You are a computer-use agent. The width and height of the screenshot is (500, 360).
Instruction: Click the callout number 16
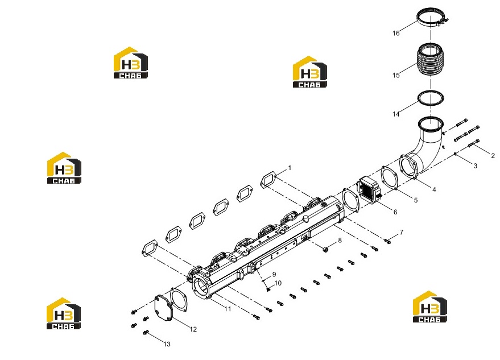click(x=396, y=33)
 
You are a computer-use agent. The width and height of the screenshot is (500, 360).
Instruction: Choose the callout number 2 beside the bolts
click(x=493, y=156)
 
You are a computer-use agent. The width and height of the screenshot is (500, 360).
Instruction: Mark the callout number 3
click(x=475, y=166)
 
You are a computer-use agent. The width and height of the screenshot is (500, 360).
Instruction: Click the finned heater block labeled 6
click(x=369, y=191)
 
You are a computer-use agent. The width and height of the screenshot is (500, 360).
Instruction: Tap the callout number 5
click(x=415, y=200)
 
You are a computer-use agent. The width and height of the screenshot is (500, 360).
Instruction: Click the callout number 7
click(x=401, y=233)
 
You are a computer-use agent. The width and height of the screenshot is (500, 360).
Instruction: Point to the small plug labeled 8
click(x=325, y=249)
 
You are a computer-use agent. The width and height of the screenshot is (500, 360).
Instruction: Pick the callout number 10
click(x=278, y=283)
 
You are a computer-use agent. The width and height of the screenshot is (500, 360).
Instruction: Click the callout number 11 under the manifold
click(x=228, y=309)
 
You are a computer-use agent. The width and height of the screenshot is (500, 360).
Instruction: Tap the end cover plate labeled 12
click(x=164, y=307)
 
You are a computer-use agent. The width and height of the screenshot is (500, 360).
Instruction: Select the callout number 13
click(x=167, y=344)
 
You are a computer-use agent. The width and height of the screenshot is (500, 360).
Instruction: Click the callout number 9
click(x=274, y=274)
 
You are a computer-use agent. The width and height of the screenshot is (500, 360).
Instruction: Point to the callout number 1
click(x=290, y=168)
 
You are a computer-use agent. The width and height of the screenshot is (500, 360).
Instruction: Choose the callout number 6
click(x=395, y=212)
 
